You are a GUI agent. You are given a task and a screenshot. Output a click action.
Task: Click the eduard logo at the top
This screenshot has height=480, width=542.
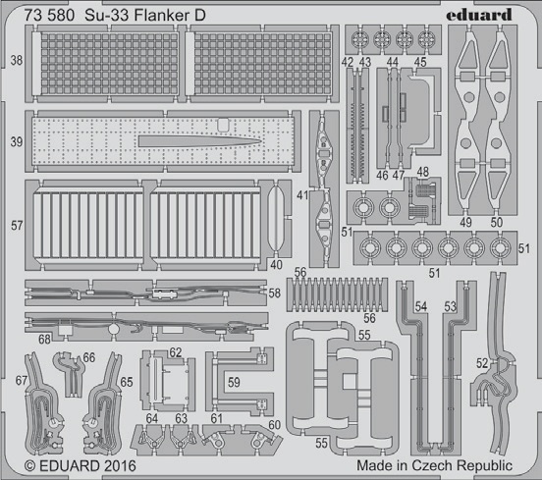(x=479, y=15)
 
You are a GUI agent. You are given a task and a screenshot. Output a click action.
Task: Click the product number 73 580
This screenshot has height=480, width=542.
(x=49, y=16)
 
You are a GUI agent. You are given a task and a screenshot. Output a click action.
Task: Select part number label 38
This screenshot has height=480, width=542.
(x=17, y=61)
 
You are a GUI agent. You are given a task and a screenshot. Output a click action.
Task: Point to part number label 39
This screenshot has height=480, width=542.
(x=17, y=141)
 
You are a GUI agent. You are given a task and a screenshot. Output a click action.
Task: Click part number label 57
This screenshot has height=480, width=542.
(x=17, y=226)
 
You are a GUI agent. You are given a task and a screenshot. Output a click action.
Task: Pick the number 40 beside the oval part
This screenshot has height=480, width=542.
(x=276, y=265)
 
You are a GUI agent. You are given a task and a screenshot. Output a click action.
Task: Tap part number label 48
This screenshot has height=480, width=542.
(x=423, y=172)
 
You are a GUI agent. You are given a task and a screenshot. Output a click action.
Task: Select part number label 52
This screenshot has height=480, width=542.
(x=482, y=363)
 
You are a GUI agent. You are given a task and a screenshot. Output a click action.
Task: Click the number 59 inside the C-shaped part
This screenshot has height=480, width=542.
(x=234, y=382)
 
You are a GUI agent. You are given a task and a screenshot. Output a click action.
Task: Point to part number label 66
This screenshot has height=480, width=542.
(x=89, y=357)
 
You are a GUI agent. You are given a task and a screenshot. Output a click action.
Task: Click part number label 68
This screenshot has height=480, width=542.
(x=44, y=340)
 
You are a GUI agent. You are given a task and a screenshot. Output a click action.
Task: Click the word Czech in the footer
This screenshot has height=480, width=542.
(x=432, y=465)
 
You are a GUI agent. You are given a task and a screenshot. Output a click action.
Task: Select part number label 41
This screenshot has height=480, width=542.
(x=302, y=195)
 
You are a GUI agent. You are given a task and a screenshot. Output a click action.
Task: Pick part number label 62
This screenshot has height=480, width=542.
(x=176, y=352)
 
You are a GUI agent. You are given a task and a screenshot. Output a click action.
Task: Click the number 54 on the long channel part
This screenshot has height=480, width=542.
(x=421, y=306)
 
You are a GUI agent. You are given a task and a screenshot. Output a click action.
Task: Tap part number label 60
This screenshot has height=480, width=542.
(x=275, y=425)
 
